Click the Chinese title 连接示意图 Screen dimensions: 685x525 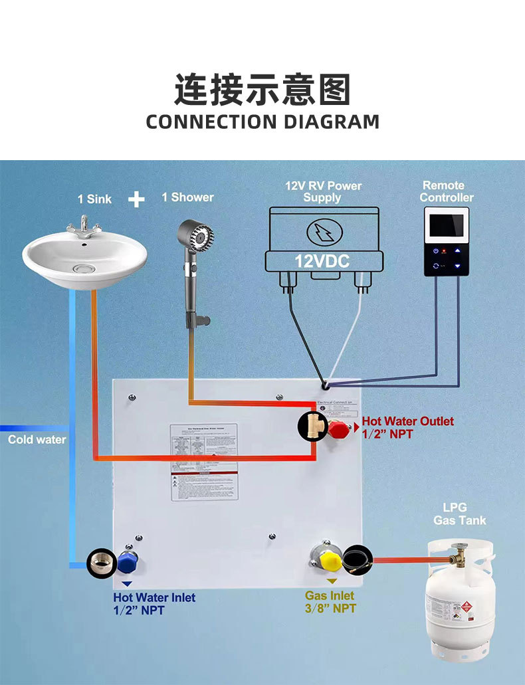pyautogui.click(x=262, y=90)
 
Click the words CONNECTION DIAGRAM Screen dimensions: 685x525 pyautogui.click(x=262, y=122)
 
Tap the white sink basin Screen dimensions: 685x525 pyautogui.click(x=84, y=260)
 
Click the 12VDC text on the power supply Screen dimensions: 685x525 pyautogui.click(x=322, y=260)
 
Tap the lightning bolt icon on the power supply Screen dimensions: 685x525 pyautogui.click(x=323, y=232)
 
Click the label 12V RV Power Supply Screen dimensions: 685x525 pyautogui.click(x=323, y=191)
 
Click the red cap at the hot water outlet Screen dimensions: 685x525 pyautogui.click(x=338, y=428)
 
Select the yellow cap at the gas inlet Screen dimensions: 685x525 pyautogui.click(x=330, y=560)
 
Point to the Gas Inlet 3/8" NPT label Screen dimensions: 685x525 pyautogui.click(x=330, y=602)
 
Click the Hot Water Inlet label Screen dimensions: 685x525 pyautogui.click(x=154, y=603)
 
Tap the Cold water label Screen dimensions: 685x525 pyautogui.click(x=37, y=440)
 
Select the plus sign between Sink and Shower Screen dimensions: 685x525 pyautogui.click(x=136, y=199)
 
